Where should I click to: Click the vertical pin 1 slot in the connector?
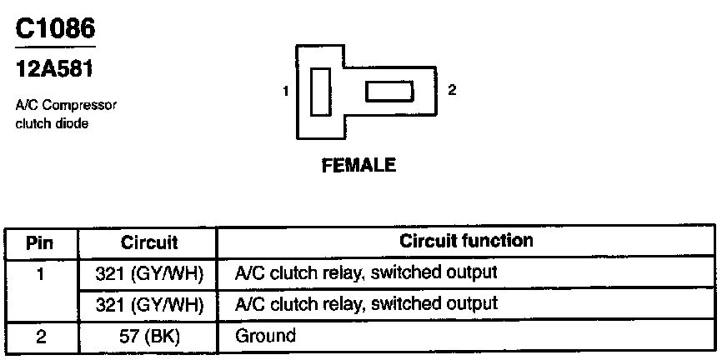pos(319,92)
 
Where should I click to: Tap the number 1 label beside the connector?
pos(285,92)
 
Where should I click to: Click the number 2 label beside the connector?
pos(452,90)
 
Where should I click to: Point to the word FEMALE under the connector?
pos(358,165)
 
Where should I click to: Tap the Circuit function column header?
pos(466,242)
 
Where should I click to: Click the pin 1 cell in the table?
pos(40,272)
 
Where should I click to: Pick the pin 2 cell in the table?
pos(40,336)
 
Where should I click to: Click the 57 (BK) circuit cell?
pos(149,336)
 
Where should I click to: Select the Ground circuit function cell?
pos(265,336)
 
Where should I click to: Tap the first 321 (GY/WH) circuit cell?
pos(149,272)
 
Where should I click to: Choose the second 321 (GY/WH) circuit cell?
pos(149,303)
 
